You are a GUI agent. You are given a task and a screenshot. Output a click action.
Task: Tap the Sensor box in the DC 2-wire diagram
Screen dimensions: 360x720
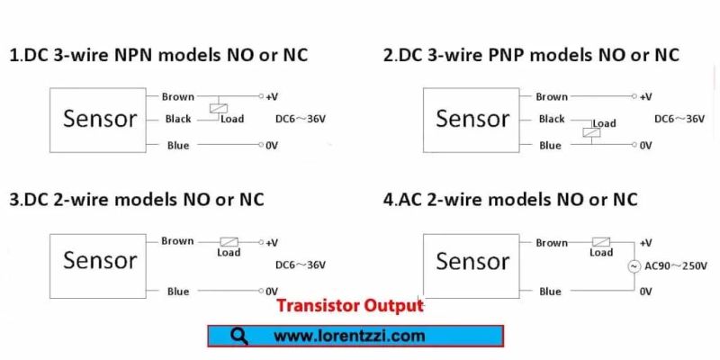coord(99,262)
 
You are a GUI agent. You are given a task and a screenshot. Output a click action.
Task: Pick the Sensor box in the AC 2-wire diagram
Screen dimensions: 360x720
coord(472,262)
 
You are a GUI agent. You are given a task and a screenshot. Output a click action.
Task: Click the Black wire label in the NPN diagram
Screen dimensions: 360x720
coord(178,120)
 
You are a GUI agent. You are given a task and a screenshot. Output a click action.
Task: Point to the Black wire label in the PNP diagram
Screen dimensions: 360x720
coord(551,120)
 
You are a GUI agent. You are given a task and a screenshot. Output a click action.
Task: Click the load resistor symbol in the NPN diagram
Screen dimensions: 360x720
coord(216,109)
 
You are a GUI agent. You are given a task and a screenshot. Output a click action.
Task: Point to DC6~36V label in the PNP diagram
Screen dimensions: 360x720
coord(679,119)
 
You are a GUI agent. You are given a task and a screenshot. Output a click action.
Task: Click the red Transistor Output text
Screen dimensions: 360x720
coord(350,306)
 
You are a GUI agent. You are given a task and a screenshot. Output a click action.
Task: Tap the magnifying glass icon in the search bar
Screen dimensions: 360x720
coord(239,336)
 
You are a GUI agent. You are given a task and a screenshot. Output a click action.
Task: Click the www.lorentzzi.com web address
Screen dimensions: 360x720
coord(348,337)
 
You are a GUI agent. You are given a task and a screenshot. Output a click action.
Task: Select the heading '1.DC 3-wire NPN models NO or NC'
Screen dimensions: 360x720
coord(158,55)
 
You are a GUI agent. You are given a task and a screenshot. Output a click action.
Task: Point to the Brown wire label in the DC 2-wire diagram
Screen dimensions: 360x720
coord(177,241)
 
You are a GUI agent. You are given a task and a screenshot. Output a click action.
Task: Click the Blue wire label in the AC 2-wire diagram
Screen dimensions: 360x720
coord(550,292)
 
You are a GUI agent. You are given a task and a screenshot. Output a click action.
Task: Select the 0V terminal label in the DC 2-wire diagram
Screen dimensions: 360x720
coord(271,292)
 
